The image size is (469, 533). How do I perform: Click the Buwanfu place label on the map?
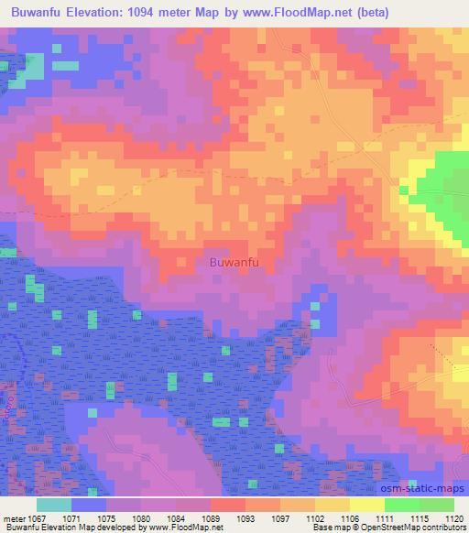point(234,263)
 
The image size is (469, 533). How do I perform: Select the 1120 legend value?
point(454,518)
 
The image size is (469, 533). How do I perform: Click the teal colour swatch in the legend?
point(54,506)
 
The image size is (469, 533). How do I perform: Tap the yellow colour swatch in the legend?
point(367,506)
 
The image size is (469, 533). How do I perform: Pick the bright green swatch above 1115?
point(402,506)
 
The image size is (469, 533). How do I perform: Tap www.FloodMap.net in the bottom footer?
point(188,528)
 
